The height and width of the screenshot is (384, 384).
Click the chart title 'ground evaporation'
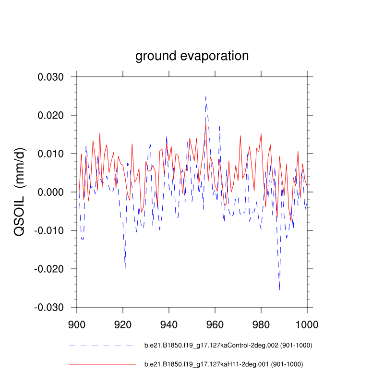192,56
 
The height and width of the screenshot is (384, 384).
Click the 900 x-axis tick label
77,324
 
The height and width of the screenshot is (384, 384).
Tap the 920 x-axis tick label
123,324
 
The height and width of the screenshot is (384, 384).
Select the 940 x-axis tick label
169,324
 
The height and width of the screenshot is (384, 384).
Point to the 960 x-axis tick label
215,324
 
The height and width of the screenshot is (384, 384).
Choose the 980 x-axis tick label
261,324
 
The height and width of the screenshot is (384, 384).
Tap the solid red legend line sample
102,365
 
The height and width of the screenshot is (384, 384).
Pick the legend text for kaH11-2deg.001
224,365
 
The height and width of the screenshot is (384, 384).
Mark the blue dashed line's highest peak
206,96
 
